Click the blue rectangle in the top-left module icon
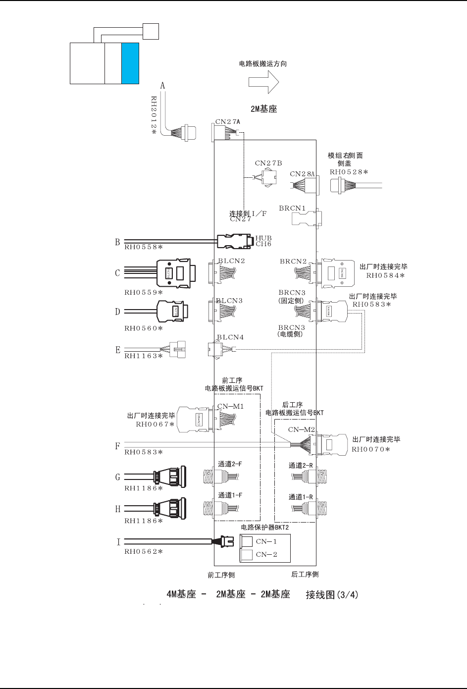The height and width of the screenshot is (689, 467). coord(130,63)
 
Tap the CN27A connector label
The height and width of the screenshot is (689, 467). coord(228,121)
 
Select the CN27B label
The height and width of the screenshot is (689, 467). coord(268,163)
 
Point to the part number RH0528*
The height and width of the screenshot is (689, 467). coord(349,172)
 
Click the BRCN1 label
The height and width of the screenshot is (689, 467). coord(292,209)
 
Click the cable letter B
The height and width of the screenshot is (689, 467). coord(117,242)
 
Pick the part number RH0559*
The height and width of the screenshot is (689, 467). coord(144,292)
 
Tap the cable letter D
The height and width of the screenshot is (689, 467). coord(117,312)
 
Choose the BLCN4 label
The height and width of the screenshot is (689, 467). coord(230,337)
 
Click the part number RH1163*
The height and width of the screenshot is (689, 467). coord(144,356)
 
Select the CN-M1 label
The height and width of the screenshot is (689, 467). coord(230,407)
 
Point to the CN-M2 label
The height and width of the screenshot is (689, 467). coord(302,429)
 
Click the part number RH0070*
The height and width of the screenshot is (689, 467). coord(371,450)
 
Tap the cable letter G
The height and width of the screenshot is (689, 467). coord(117,477)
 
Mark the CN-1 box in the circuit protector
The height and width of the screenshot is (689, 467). coord(247,541)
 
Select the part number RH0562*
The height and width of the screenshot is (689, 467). coord(144,551)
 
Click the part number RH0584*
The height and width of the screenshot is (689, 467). coord(386,275)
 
